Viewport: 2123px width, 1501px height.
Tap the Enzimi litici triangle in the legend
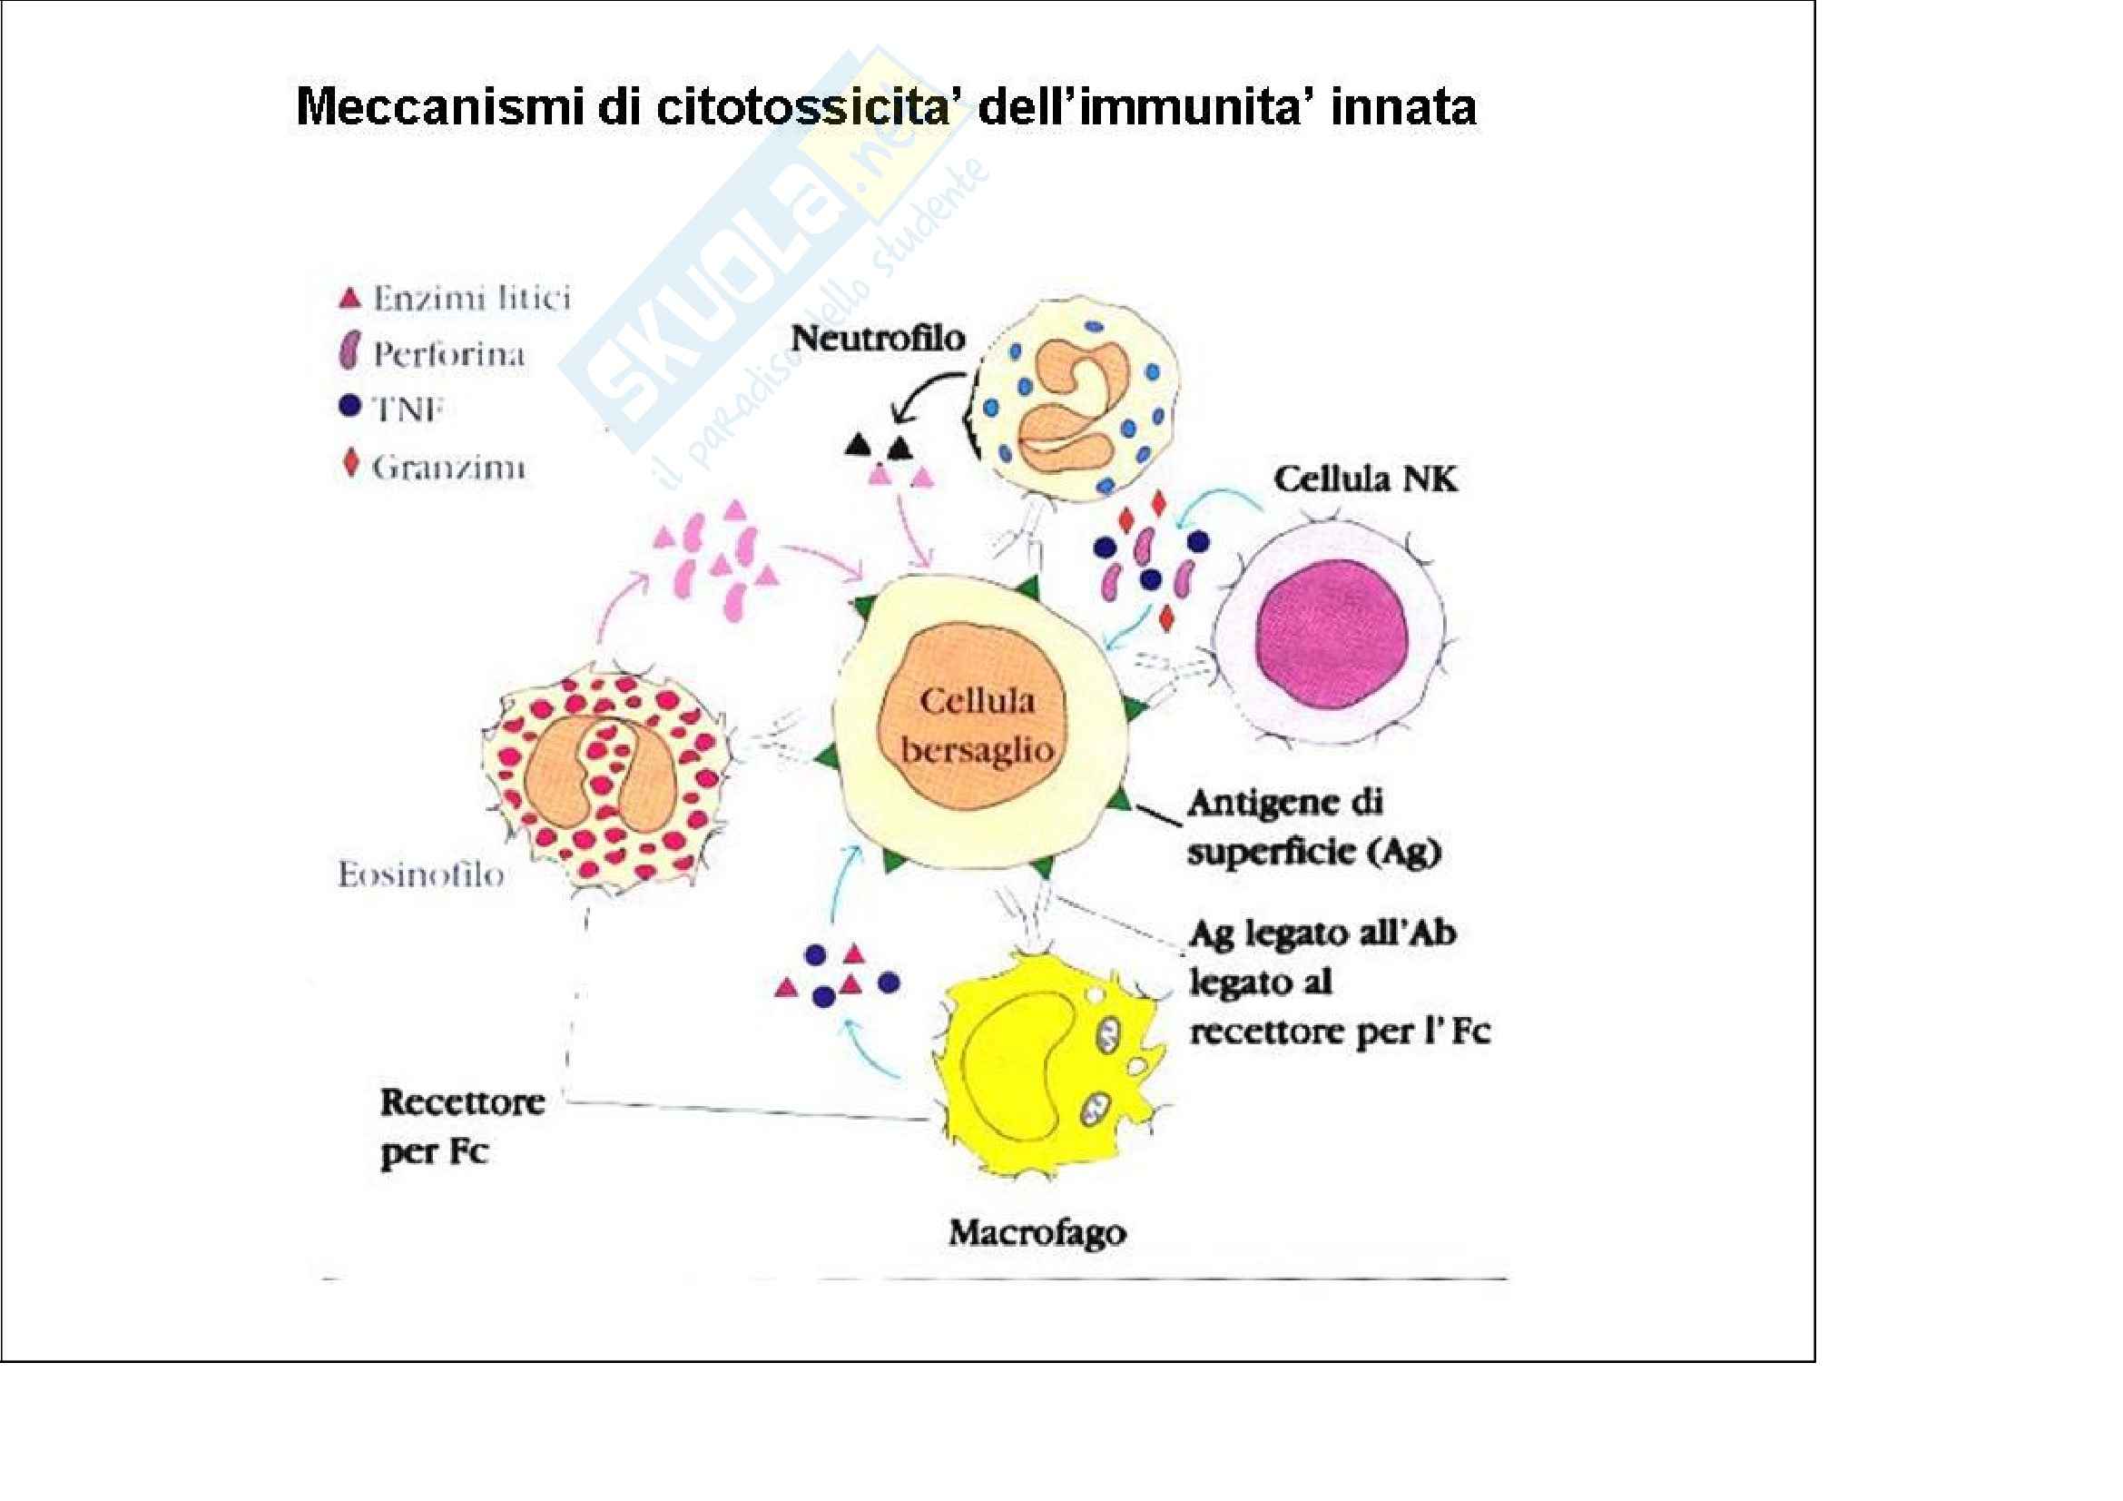click(349, 298)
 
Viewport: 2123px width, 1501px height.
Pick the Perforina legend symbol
click(349, 354)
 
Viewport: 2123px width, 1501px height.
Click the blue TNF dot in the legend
click(349, 407)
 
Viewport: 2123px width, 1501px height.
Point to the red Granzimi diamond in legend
click(350, 462)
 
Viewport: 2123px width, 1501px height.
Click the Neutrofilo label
click(878, 339)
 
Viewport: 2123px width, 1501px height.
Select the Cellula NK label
click(1365, 479)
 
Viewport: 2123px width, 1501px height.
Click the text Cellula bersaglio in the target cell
click(978, 726)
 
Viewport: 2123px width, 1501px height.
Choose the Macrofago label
click(1037, 1233)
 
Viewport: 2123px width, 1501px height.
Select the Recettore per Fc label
click(460, 1127)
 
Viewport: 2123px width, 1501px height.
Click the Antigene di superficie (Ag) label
click(1313, 828)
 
